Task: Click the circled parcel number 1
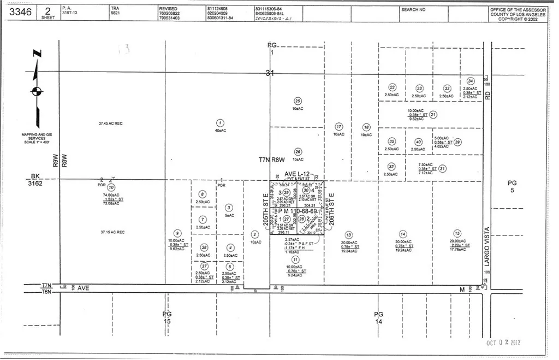click(220, 123)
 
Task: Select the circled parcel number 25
click(298, 101)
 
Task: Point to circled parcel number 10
click(112, 187)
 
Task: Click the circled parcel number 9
click(176, 233)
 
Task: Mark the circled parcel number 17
click(338, 127)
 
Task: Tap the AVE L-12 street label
click(297, 174)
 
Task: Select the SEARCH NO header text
click(413, 10)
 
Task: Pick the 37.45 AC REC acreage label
click(111, 123)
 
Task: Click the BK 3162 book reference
click(36, 180)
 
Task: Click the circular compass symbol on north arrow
click(36, 91)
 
